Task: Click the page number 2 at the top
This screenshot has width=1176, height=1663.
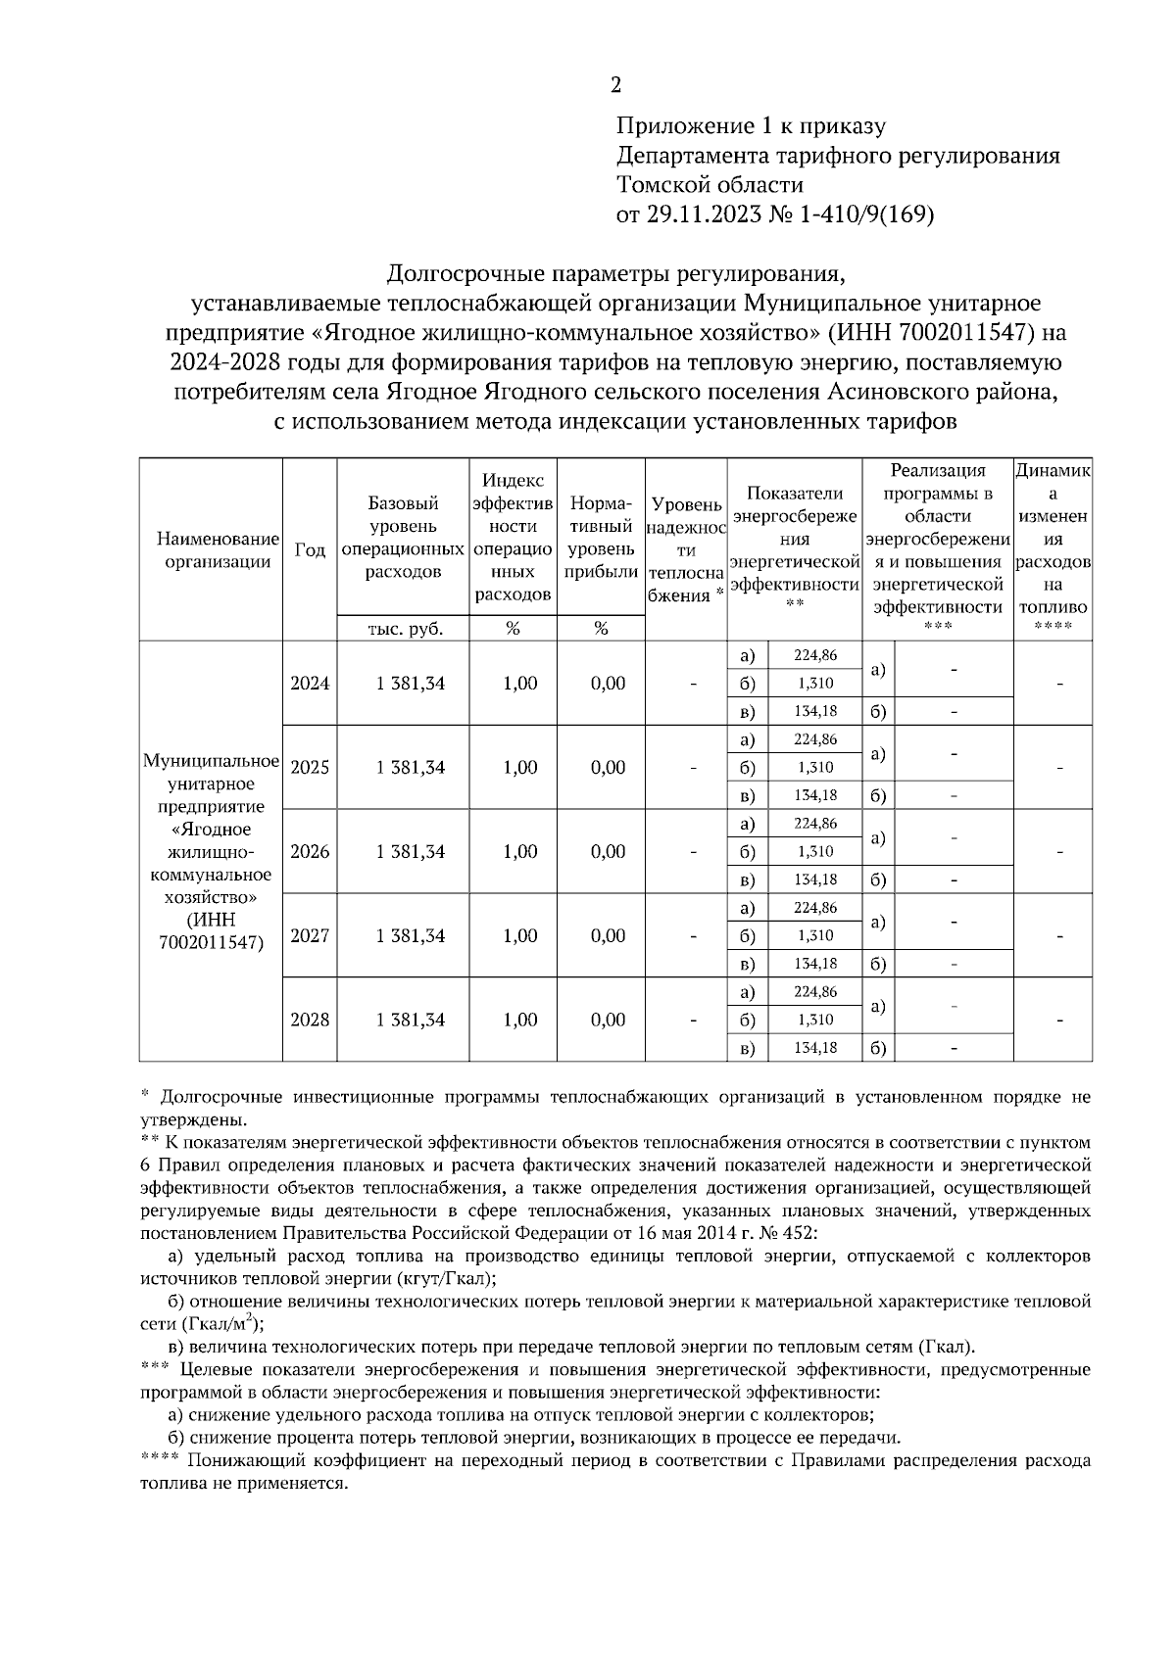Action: [x=615, y=86]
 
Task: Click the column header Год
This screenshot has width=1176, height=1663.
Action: [x=310, y=550]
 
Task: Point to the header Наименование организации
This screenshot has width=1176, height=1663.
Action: [x=211, y=550]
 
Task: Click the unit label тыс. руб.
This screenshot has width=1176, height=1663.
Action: [x=404, y=629]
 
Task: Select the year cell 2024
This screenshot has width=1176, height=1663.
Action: [x=310, y=684]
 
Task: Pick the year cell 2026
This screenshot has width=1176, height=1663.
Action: [x=310, y=851]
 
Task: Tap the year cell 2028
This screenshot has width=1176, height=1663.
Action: [x=310, y=1020]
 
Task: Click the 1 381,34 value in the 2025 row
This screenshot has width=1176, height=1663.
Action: [x=410, y=768]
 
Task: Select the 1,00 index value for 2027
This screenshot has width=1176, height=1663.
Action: [x=519, y=935]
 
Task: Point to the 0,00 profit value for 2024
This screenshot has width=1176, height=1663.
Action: [x=608, y=684]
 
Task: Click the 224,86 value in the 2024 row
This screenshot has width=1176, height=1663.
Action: [x=814, y=655]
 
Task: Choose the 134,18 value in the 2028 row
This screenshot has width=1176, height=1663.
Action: [x=814, y=1048]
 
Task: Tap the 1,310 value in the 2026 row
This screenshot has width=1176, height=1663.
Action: [x=814, y=851]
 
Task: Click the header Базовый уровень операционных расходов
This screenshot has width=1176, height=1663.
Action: [x=403, y=538]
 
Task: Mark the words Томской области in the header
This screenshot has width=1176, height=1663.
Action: [x=710, y=185]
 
